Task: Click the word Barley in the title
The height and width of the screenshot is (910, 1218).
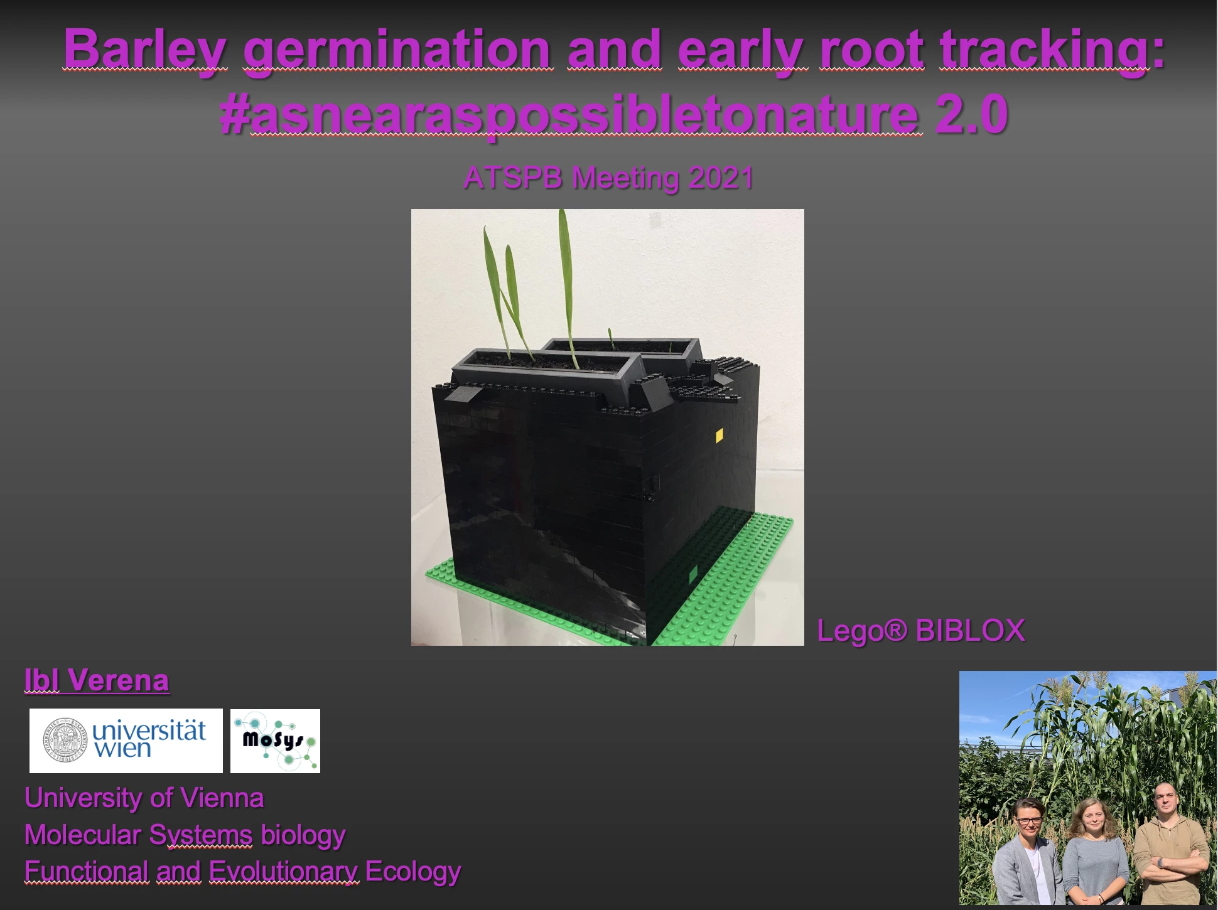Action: coord(145,50)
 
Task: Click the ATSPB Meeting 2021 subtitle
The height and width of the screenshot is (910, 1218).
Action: coord(608,178)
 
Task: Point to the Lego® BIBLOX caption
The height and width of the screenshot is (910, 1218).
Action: coord(921,630)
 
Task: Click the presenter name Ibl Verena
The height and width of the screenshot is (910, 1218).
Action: coord(97,680)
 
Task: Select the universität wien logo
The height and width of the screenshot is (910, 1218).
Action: coord(126,741)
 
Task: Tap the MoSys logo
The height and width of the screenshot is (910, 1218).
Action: coord(275,741)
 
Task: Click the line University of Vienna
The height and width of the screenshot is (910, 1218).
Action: coord(144,798)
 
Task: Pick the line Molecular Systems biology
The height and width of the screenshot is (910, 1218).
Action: coord(185,835)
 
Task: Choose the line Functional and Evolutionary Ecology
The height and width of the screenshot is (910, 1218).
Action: coord(242,872)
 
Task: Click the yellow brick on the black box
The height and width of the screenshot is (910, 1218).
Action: coord(719,436)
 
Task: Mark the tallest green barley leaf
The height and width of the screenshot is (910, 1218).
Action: coord(568,289)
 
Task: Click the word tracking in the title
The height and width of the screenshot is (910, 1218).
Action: coord(1045,50)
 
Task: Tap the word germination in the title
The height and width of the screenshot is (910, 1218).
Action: coord(397,50)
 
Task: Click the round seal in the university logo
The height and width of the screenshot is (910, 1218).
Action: coord(65,741)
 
